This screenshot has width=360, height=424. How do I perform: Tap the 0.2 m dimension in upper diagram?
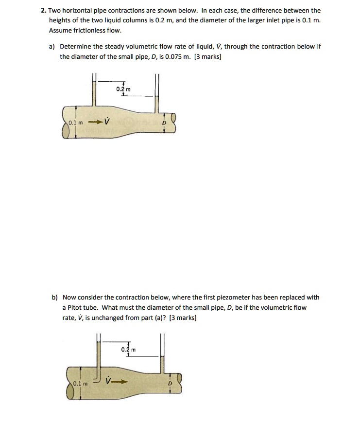tap(123, 89)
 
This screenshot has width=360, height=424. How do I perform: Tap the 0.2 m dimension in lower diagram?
tap(129, 349)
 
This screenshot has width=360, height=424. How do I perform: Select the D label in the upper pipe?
tap(164, 124)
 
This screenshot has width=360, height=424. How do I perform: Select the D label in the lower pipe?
tap(170, 384)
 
